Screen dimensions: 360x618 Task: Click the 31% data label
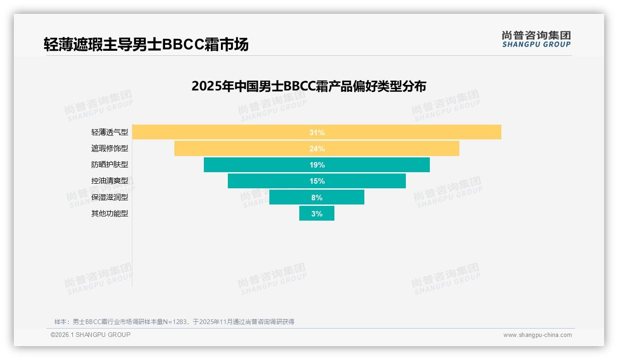click(317, 132)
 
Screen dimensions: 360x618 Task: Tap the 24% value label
click(317, 149)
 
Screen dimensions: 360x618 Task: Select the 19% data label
click(317, 165)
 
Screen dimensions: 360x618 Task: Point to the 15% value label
click(317, 181)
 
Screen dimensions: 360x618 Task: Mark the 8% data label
click(317, 198)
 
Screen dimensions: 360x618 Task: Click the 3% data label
click(317, 214)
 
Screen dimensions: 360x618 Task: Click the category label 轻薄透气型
click(109, 132)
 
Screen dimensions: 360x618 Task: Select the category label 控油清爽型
click(109, 181)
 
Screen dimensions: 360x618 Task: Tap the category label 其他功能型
click(109, 214)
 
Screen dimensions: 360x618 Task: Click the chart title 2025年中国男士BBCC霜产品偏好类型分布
click(309, 86)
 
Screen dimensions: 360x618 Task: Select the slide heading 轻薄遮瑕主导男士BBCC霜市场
click(146, 44)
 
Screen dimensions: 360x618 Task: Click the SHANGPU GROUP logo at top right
click(536, 39)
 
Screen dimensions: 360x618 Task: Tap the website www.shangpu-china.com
click(537, 335)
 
